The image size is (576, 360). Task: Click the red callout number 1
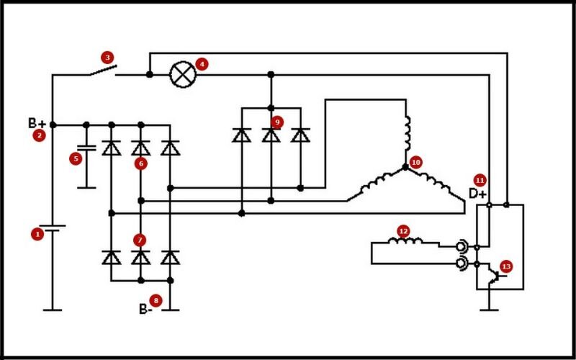coord(37,234)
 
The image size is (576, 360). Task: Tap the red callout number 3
coord(107,58)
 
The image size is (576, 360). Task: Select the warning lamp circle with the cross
coord(183,75)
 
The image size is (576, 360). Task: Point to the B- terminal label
coord(145,310)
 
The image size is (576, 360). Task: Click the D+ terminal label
coord(477,194)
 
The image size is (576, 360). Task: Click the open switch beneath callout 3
coord(103,70)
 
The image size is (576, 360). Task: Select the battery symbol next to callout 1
coord(53,228)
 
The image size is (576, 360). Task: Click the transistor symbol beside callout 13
coord(495,276)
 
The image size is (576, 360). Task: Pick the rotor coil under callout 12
coord(405,241)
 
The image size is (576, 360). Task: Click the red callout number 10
coord(415,162)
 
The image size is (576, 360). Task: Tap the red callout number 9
coord(277,122)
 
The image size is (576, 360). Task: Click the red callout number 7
coord(140,240)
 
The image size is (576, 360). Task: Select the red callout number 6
coord(140,163)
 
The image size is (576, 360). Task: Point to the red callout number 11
coord(480,181)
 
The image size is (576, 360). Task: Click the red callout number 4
coord(202,64)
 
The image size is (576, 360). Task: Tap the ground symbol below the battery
coord(53,310)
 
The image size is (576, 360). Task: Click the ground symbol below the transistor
coord(489,310)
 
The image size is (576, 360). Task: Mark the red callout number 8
coord(156,301)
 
